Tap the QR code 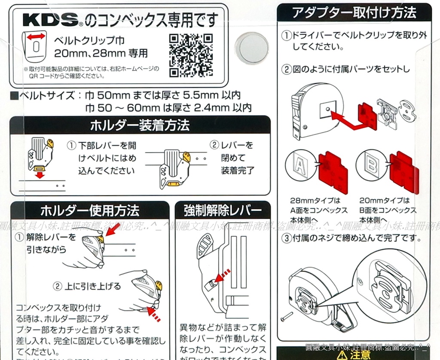pyautogui.click(x=191, y=54)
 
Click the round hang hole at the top pyautogui.click(x=253, y=48)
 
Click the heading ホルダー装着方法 pyautogui.click(x=140, y=125)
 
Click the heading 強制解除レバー pyautogui.click(x=223, y=211)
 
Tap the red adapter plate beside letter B pyautogui.click(x=403, y=171)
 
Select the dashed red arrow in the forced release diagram pyautogui.click(x=222, y=276)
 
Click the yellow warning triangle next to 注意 pyautogui.click(x=342, y=355)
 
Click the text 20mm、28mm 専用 pyautogui.click(x=101, y=54)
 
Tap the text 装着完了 pyautogui.click(x=238, y=171)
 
